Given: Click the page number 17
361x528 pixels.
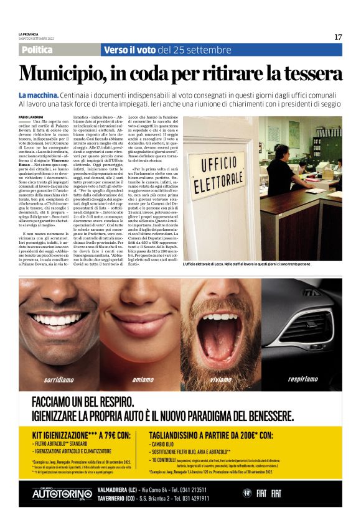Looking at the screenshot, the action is (338, 37).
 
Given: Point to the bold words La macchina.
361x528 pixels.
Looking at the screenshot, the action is (39, 94).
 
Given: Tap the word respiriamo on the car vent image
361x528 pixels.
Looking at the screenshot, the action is (302, 378).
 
